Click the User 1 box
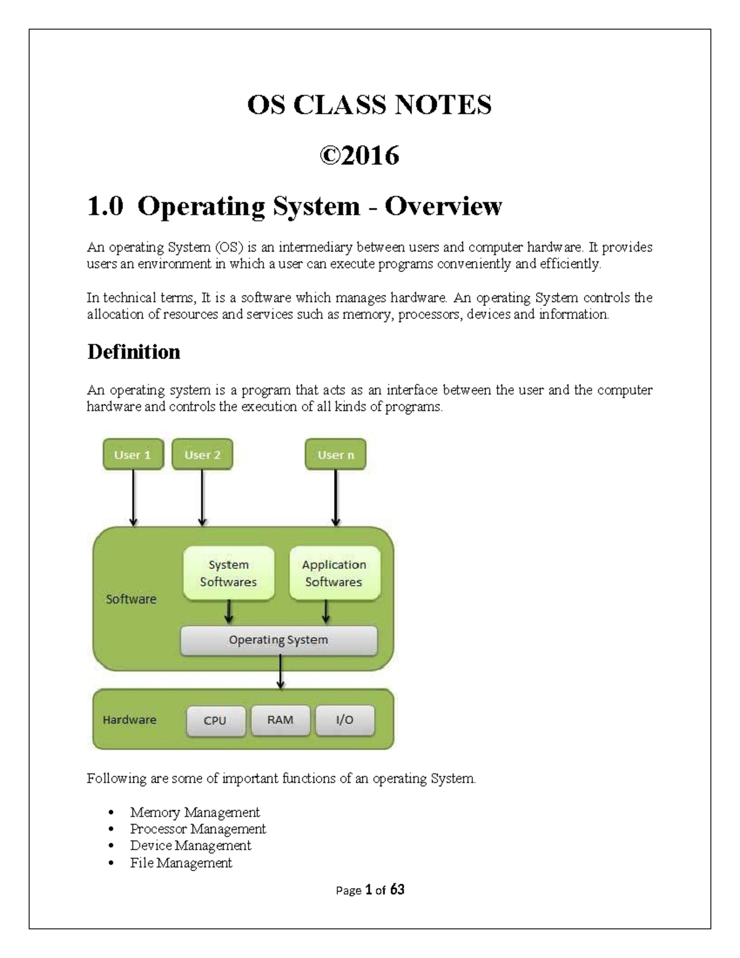133,455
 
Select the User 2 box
202,455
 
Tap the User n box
335,455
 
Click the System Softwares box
228,573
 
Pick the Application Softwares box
334,573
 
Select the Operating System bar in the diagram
278,640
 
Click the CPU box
215,721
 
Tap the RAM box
280,720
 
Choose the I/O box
345,720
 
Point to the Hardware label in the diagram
129,720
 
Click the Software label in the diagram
131,599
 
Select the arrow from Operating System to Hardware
281,672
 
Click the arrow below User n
335,497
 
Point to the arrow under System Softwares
229,612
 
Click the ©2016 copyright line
360,155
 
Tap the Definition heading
134,352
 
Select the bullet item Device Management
191,846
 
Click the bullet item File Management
181,862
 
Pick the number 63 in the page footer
397,890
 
